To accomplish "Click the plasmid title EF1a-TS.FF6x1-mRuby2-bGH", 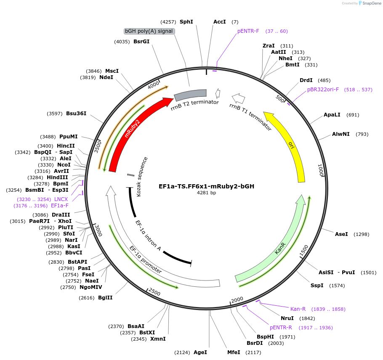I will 206,186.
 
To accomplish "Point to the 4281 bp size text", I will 206,193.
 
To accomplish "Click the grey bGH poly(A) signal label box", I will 149,31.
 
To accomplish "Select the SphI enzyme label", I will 186,21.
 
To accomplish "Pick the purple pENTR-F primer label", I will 248,31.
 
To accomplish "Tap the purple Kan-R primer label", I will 298,309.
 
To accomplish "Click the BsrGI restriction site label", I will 141,41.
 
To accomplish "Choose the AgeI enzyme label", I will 200,352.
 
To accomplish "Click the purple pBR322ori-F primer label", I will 323,90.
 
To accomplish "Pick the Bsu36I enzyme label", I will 76,113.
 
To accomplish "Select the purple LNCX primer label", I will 61,199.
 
